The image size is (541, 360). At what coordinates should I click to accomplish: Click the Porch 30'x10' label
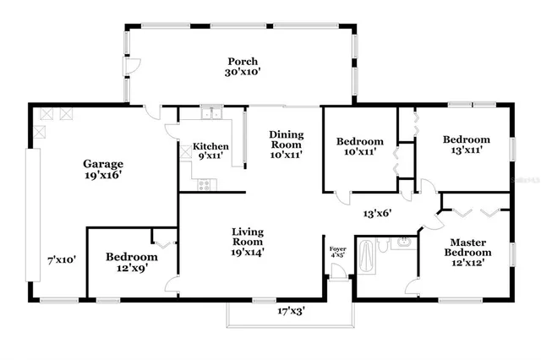point(242,67)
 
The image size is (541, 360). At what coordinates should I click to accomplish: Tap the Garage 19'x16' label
point(102,170)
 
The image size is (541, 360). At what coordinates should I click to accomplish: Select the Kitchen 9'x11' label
point(210,151)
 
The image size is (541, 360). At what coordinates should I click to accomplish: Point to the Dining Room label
point(286,145)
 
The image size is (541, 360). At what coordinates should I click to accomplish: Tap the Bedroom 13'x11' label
point(466,145)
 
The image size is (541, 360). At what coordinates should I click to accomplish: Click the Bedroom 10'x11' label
point(360,147)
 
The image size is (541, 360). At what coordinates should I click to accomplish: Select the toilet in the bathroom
point(385,245)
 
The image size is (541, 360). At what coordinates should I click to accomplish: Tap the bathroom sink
point(404,244)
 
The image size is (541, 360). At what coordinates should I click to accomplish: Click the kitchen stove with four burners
point(204,185)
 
